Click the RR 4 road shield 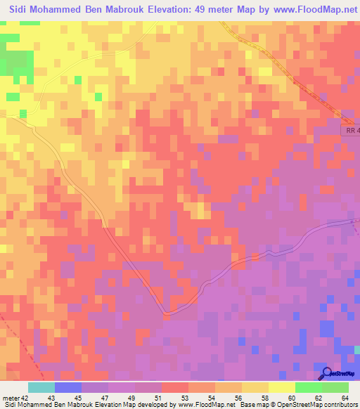click(x=352, y=130)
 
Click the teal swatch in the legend click(x=41, y=387)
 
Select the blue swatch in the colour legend click(x=68, y=387)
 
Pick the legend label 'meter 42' click(x=15, y=398)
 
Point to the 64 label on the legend click(x=344, y=398)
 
